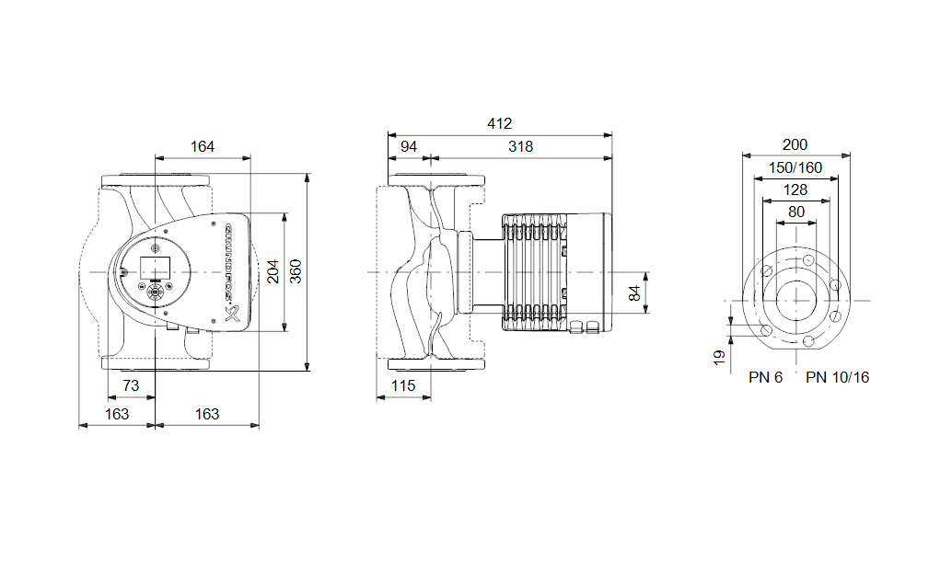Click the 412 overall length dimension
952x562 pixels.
pyautogui.click(x=500, y=123)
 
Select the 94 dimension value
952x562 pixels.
pyautogui.click(x=409, y=147)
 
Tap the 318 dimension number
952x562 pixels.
pyautogui.click(x=521, y=147)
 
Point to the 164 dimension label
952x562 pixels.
pyautogui.click(x=203, y=147)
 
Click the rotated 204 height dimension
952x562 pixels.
pyautogui.click(x=273, y=271)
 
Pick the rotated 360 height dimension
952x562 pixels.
pyautogui.click(x=296, y=271)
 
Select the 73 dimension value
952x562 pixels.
pyautogui.click(x=131, y=385)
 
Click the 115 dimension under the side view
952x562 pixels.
pyautogui.click(x=403, y=385)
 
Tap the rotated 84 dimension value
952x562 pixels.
pyautogui.click(x=634, y=293)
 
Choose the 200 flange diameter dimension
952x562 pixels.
pyautogui.click(x=795, y=145)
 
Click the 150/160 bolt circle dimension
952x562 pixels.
pyautogui.click(x=795, y=168)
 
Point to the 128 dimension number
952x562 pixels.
pyautogui.click(x=795, y=190)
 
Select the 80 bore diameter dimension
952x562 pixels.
pyautogui.click(x=796, y=212)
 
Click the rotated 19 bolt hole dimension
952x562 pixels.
pyautogui.click(x=719, y=358)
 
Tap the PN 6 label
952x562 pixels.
pyautogui.click(x=766, y=378)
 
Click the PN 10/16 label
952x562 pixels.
pyautogui.click(x=837, y=378)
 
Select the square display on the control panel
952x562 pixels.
pyautogui.click(x=156, y=268)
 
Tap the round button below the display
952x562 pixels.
pyautogui.click(x=156, y=292)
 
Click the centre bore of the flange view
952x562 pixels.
pyautogui.click(x=796, y=301)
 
